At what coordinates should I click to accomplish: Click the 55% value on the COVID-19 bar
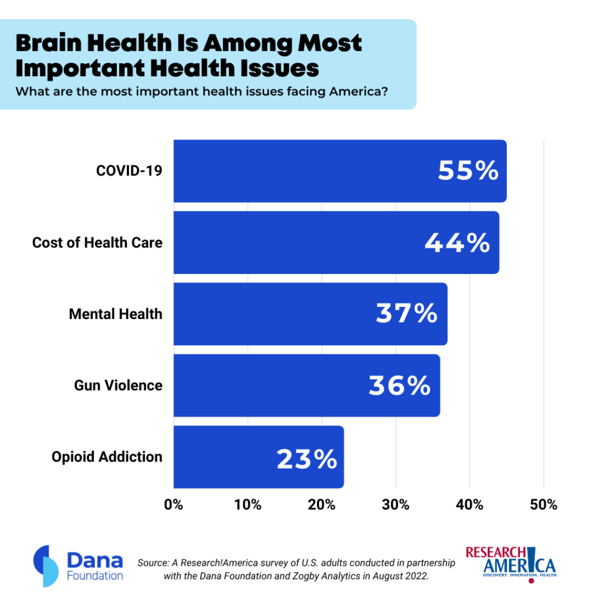coord(468,171)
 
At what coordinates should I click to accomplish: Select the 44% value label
coord(457,243)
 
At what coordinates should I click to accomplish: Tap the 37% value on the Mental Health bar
coord(407,314)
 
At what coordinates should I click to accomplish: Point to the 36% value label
coord(400,386)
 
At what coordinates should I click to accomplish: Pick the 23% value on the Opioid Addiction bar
coord(307,459)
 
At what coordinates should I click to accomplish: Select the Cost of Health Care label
coord(97,243)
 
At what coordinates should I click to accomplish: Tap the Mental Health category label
coord(116,314)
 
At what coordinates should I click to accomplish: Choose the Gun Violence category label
coord(118,386)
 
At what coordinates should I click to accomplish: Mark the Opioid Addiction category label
coord(107,457)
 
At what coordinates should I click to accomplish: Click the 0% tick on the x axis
coord(174,505)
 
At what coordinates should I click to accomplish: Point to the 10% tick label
coord(248,505)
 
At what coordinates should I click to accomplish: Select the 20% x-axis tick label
coord(321,505)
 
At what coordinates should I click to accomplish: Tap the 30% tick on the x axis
coord(396,505)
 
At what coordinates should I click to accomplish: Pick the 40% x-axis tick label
coord(470,505)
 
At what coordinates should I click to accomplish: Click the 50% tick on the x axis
coord(544,505)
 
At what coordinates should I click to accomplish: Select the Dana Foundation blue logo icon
coord(46,566)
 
